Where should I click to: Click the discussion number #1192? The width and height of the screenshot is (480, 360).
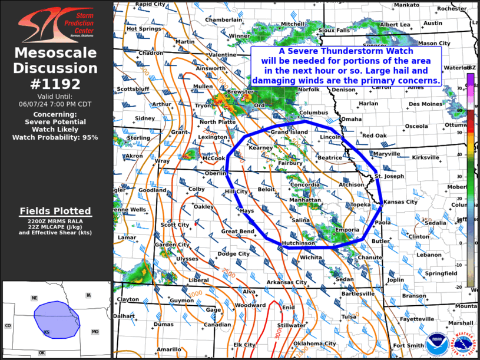point(55,84)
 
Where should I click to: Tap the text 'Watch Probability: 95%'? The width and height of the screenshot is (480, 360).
point(55,137)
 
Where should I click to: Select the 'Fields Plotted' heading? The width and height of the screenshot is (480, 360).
point(55,211)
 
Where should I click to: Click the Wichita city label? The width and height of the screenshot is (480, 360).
point(310,257)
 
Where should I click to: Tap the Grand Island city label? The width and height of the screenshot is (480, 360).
point(289,132)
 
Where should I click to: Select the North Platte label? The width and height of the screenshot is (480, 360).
point(217,122)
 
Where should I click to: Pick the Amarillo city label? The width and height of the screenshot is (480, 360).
point(169,349)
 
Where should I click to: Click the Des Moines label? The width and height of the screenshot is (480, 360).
point(424,104)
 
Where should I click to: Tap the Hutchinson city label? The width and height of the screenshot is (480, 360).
point(297,243)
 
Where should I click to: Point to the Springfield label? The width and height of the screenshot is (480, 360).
point(442,273)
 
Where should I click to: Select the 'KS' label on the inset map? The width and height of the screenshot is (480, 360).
point(47,333)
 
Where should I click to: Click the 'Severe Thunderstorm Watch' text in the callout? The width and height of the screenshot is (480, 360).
point(346,51)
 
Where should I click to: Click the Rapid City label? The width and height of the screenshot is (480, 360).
point(150,4)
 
